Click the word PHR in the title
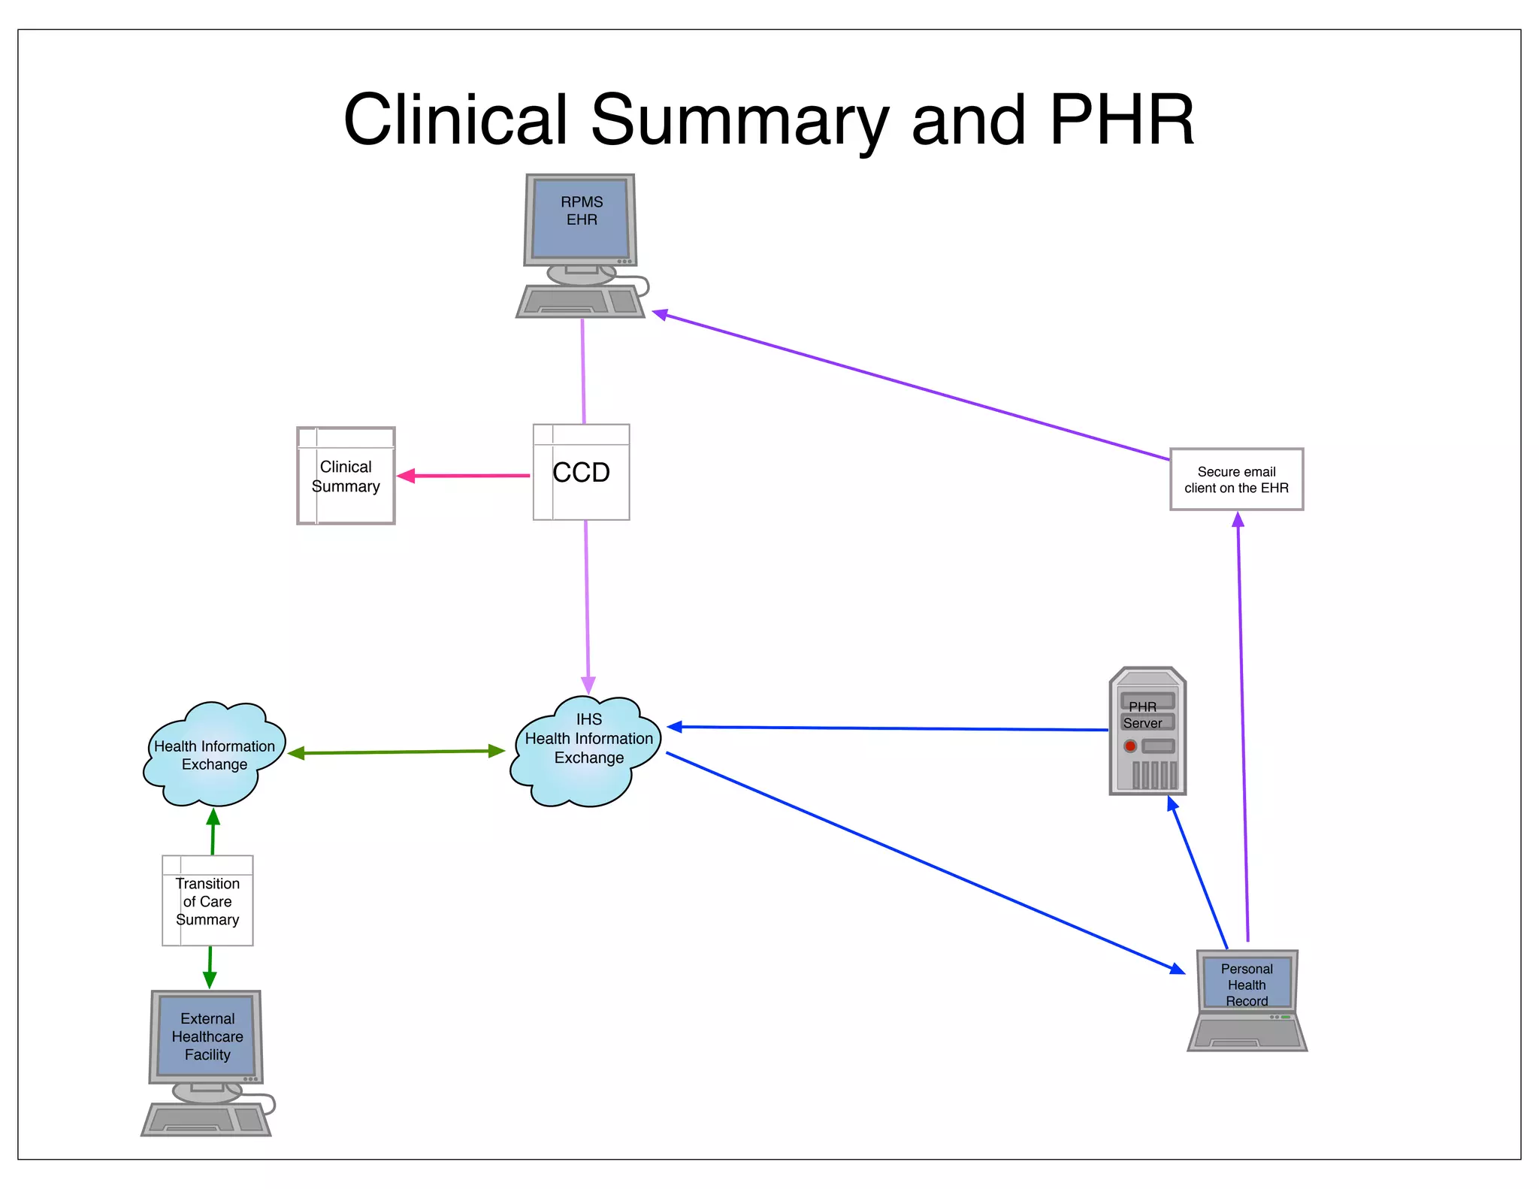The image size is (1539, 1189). [x=1121, y=120]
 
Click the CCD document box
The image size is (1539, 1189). [x=581, y=472]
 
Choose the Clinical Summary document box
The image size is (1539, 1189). [x=346, y=476]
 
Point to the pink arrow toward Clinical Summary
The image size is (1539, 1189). [x=466, y=476]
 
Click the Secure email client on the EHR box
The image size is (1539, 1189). [x=1236, y=480]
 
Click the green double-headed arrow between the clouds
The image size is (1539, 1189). [x=396, y=752]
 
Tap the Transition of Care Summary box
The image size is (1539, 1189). [x=207, y=901]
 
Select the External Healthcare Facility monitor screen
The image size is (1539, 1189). [x=207, y=1036]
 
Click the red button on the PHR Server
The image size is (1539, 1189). [x=1129, y=746]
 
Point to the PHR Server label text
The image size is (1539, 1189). [x=1142, y=715]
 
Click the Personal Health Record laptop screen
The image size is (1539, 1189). [x=1247, y=983]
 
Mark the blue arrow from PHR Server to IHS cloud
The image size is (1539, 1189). [x=887, y=728]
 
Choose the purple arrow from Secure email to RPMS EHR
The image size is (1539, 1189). [x=909, y=386]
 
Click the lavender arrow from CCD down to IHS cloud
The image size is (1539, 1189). [x=587, y=601]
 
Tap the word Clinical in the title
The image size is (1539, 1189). [x=454, y=120]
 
